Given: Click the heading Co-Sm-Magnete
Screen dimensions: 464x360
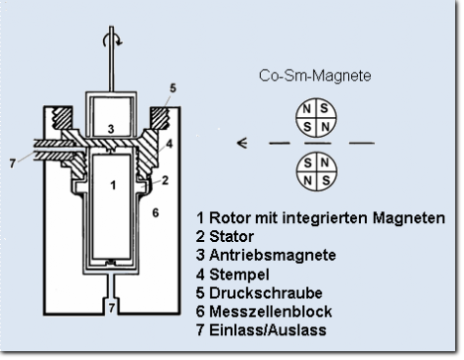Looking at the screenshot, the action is tap(315, 75).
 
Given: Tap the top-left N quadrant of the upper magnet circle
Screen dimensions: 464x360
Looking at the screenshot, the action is tap(306, 109).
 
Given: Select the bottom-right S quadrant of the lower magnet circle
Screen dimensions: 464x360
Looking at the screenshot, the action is tap(326, 180).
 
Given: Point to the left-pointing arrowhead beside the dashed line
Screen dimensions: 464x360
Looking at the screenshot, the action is tap(242, 143).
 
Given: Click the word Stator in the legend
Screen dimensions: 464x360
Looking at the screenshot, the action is tap(231, 237).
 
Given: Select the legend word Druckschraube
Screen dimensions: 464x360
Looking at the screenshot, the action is tap(266, 294).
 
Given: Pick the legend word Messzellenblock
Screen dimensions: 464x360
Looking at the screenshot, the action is tap(271, 311).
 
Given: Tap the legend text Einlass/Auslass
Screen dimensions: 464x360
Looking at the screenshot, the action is tap(268, 330).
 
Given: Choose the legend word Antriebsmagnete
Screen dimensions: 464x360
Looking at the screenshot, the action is tap(273, 255).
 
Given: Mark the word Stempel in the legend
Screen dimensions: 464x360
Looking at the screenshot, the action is tap(239, 275).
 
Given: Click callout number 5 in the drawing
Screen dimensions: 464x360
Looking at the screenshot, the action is tap(173, 88).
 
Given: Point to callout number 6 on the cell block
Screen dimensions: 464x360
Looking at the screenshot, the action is tap(156, 213).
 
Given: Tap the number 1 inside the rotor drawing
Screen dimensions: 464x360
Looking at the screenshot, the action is tap(113, 185).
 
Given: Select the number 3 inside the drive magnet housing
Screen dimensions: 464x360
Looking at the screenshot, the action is tap(111, 129).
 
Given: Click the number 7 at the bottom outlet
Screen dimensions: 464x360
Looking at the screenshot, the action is tap(112, 308).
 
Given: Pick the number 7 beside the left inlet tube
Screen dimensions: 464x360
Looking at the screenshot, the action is tap(13, 164).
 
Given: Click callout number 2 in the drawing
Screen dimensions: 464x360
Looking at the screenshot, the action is tap(165, 180).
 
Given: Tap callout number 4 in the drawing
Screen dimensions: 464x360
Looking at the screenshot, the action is tap(170, 144).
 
